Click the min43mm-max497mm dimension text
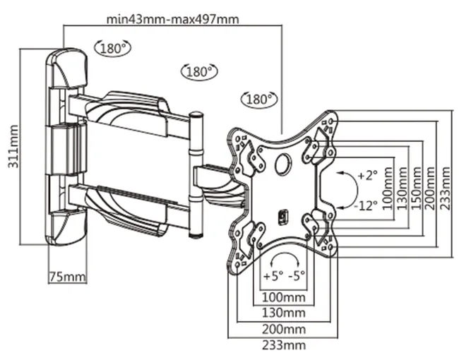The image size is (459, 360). pos(172,19)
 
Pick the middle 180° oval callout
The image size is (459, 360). pos(198,71)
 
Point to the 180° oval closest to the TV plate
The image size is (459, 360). pos(258,99)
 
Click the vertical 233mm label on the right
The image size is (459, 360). pos(443,185)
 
